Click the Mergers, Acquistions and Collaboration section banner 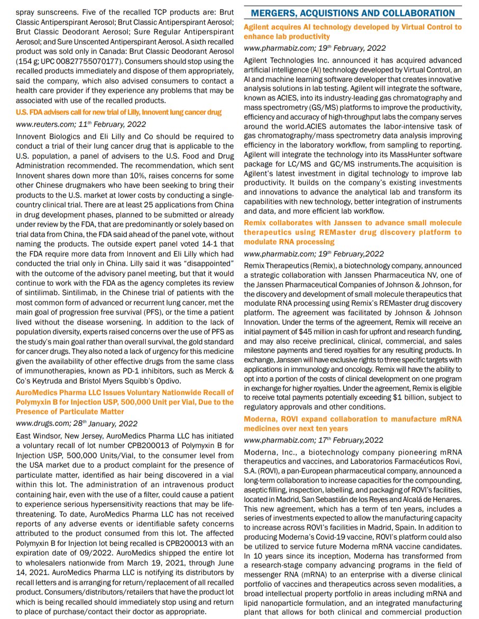pyautogui.click(x=353, y=13)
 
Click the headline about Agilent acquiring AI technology pyautogui.click(x=353, y=32)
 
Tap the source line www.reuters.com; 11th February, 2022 pyautogui.click(x=81, y=124)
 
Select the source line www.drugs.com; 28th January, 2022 pyautogui.click(x=77, y=423)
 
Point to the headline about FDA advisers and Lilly pyautogui.click(x=119, y=112)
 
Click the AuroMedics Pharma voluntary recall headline pyautogui.click(x=125, y=402)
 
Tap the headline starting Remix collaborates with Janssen pyautogui.click(x=353, y=232)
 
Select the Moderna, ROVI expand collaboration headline pyautogui.click(x=353, y=424)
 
